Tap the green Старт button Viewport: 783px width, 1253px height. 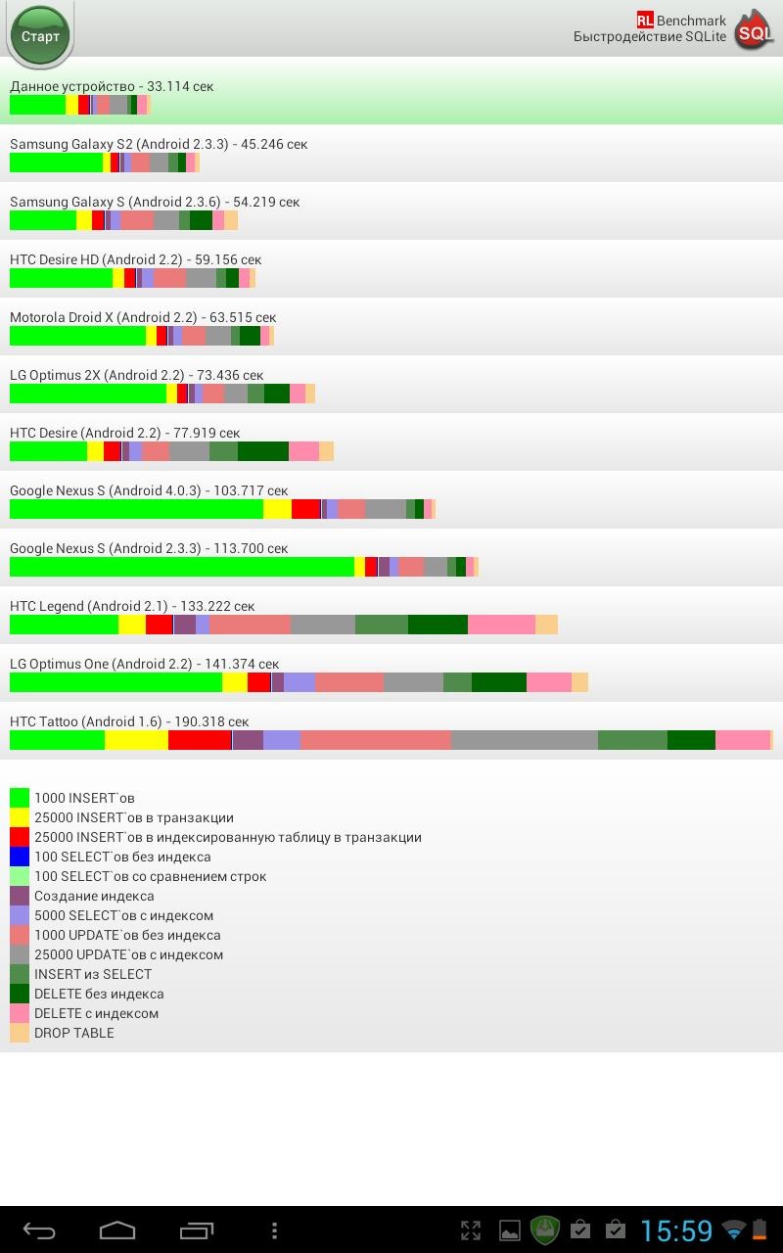[x=40, y=36]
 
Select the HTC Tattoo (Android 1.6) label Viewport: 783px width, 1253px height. [x=129, y=721]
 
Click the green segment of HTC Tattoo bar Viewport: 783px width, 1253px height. [x=57, y=740]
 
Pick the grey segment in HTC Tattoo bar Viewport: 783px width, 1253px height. [x=524, y=740]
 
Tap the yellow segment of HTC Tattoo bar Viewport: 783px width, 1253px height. [x=136, y=740]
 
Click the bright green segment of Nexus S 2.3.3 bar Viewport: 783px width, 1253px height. [x=181, y=567]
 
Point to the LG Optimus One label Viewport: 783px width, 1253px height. [x=144, y=664]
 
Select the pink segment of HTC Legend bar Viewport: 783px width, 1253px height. [x=501, y=625]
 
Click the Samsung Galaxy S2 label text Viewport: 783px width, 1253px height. [x=158, y=144]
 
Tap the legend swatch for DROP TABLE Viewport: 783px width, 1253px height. [x=20, y=1033]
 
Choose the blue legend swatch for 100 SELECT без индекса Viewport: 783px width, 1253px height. [x=20, y=857]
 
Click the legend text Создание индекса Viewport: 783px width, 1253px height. [x=94, y=896]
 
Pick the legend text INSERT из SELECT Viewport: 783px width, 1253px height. [x=93, y=974]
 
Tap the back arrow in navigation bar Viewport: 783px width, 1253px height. [x=39, y=1230]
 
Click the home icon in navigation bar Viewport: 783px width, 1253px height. [x=117, y=1230]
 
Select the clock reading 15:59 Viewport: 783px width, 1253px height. [x=676, y=1230]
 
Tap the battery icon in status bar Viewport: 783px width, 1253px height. [x=760, y=1230]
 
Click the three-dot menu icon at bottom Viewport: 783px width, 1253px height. [x=274, y=1230]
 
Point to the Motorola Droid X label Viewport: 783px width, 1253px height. [x=143, y=317]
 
